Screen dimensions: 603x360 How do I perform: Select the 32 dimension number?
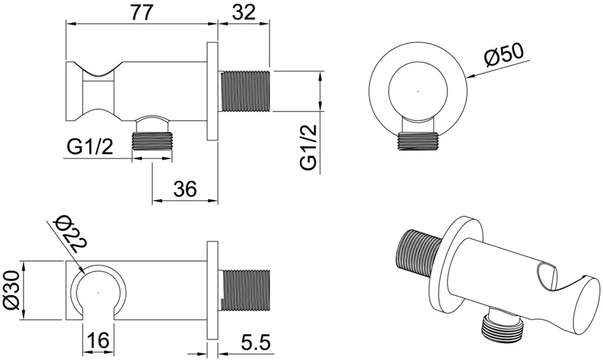[244, 13]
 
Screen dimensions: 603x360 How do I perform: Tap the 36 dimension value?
[185, 189]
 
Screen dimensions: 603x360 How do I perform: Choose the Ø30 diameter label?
[11, 289]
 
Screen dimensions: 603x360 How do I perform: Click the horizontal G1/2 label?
[90, 147]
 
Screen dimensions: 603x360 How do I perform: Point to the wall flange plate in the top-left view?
[213, 91]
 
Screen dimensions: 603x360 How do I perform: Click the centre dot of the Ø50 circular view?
[418, 91]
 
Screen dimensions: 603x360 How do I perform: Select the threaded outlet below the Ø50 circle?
[418, 141]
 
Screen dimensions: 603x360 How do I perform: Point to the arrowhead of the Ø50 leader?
[470, 77]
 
